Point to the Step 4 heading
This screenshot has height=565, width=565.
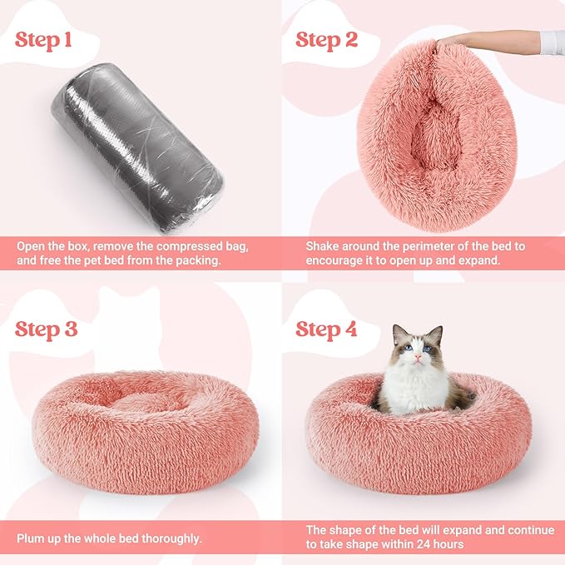click(327, 329)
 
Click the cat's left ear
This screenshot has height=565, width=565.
click(399, 335)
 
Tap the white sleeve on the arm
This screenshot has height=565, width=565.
click(551, 40)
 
